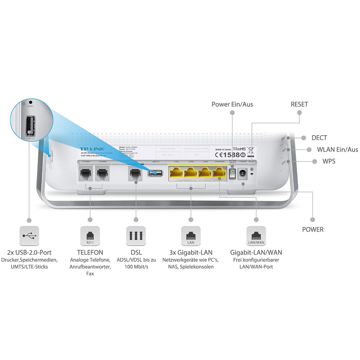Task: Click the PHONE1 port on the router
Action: (85, 174)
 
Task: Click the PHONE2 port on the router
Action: (102, 174)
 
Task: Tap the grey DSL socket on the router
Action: (134, 174)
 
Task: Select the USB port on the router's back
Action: (156, 173)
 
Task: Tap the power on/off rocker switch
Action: (232, 173)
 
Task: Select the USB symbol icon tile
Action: (30, 235)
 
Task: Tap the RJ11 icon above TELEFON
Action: (90, 235)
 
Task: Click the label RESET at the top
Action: (300, 104)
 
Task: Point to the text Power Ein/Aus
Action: (232, 104)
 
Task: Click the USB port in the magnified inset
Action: (30, 125)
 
